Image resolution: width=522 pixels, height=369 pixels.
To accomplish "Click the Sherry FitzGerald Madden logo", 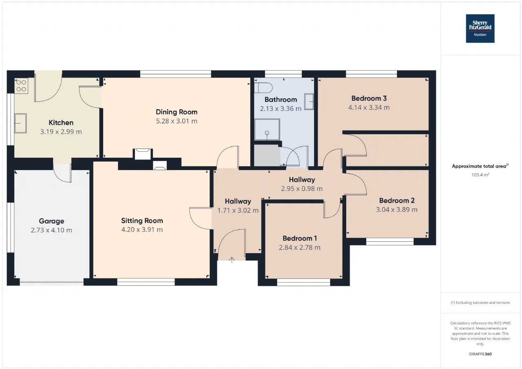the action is tap(480, 29).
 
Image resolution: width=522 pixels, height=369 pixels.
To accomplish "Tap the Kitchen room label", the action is tap(61, 123).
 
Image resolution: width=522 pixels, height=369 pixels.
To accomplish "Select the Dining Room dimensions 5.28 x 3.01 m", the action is tap(177, 121).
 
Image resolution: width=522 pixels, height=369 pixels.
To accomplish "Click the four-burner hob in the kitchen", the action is tap(21, 86).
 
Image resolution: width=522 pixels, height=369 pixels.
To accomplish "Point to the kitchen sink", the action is tap(20, 123).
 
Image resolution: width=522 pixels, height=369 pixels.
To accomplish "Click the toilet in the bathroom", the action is tap(263, 88).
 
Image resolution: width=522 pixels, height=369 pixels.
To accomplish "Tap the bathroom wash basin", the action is tap(309, 102).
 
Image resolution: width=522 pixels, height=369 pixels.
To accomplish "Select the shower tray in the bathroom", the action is tap(267, 130).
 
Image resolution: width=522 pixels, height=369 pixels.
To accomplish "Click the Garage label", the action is tap(51, 221).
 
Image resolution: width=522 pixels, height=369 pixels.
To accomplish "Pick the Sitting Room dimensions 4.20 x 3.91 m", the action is tap(142, 230).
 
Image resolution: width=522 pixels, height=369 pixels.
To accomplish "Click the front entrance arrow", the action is tap(232, 260).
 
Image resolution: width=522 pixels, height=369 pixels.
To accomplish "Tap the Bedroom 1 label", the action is tap(300, 238).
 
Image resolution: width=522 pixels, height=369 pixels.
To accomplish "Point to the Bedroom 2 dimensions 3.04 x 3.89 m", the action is tap(397, 210).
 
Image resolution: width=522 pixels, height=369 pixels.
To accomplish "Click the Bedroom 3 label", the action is tap(369, 98).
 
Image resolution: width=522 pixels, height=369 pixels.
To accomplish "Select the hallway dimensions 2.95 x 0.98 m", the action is tap(302, 189).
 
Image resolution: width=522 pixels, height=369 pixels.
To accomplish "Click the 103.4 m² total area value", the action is tap(480, 175).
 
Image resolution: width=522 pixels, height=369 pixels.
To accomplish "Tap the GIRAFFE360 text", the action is tap(480, 354).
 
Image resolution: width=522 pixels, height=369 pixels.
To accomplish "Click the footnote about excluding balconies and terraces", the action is tap(480, 303).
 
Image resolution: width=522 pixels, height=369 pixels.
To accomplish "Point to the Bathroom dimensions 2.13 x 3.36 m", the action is tap(281, 108).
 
